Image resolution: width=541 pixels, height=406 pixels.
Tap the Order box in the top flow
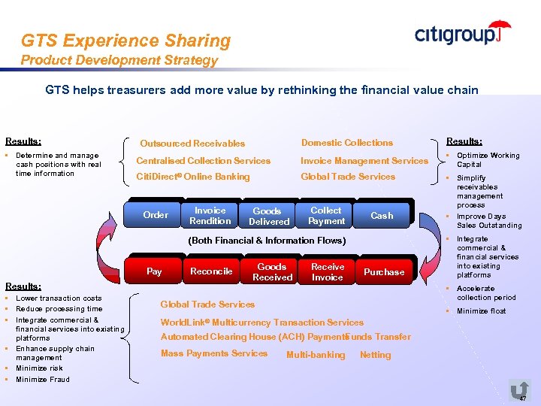tap(156, 215)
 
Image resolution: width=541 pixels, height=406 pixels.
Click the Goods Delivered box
tap(268, 217)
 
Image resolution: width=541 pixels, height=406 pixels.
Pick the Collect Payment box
tap(326, 216)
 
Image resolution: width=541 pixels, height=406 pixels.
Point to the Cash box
tap(382, 216)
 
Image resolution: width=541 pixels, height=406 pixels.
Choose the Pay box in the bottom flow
tap(154, 271)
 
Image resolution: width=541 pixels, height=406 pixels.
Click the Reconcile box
tap(211, 271)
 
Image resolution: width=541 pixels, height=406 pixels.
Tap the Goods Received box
tap(272, 272)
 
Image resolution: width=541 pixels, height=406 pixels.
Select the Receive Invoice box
tap(328, 272)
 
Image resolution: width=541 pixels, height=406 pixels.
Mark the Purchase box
tap(384, 272)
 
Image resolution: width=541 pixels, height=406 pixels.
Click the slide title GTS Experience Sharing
tap(125, 41)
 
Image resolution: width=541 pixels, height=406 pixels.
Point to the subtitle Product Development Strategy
tap(119, 60)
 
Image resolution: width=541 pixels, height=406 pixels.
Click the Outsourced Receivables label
tap(192, 144)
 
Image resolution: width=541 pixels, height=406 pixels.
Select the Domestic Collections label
tap(346, 143)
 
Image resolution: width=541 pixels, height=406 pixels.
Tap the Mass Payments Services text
tap(213, 353)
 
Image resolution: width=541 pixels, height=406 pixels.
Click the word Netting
tap(375, 355)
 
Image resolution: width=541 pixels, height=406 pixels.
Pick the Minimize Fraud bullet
tap(43, 380)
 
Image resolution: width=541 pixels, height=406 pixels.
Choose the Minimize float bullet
tap(481, 311)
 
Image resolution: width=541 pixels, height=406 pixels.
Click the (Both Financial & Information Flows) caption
tap(266, 241)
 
